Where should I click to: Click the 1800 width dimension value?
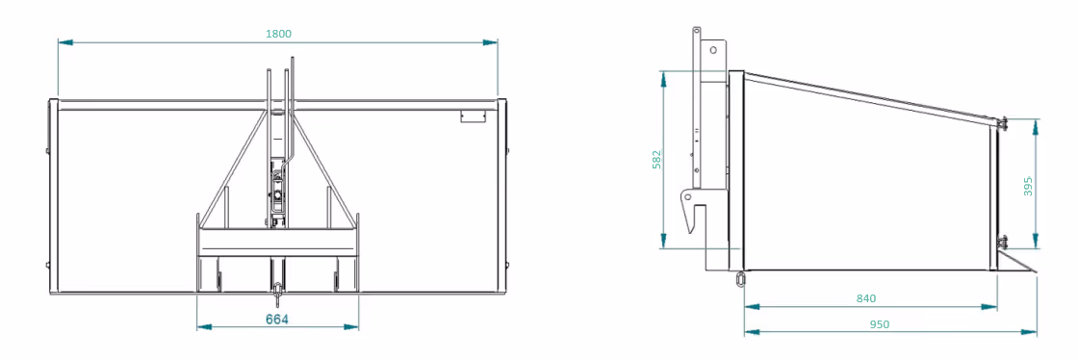point(278,33)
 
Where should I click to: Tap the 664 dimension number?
point(276,319)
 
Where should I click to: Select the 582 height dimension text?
point(656,159)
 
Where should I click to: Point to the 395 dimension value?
point(1029,185)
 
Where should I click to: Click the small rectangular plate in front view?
point(474,116)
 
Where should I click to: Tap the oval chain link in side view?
point(740,278)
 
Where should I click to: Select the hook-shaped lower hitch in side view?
point(694,211)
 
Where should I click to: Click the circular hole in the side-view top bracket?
point(713,49)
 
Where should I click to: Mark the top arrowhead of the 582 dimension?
point(663,78)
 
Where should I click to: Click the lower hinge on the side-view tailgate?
point(1002,242)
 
